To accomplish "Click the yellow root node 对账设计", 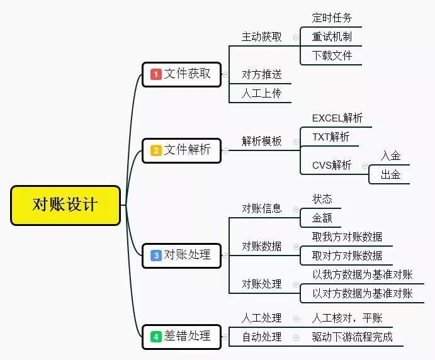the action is pyautogui.click(x=65, y=205).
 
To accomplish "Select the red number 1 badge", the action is pyautogui.click(x=156, y=74).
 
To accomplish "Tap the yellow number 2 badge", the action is pyautogui.click(x=156, y=150).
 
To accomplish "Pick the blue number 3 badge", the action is pyautogui.click(x=156, y=256).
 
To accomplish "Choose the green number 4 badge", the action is pyautogui.click(x=156, y=337).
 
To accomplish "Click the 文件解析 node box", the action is pyautogui.click(x=181, y=150).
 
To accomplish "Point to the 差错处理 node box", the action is pyautogui.click(x=181, y=337).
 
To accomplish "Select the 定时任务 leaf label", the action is pyautogui.click(x=332, y=18).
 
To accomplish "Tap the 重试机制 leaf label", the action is pyautogui.click(x=332, y=37).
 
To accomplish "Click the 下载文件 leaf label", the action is pyautogui.click(x=332, y=55).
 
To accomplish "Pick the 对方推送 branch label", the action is pyautogui.click(x=261, y=74).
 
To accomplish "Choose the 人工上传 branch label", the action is pyautogui.click(x=261, y=93).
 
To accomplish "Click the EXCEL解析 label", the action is pyautogui.click(x=337, y=118).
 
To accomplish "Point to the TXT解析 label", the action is pyautogui.click(x=331, y=137).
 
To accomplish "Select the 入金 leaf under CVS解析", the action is pyautogui.click(x=390, y=155).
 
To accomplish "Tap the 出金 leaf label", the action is pyautogui.click(x=390, y=174).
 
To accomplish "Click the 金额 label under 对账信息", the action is pyautogui.click(x=322, y=218).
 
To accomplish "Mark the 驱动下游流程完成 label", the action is pyautogui.click(x=352, y=337).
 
